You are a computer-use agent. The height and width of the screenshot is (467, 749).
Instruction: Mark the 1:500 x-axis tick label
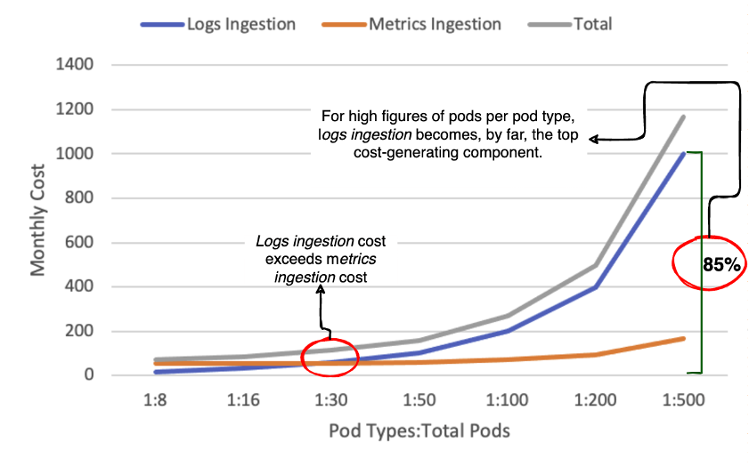[x=684, y=400]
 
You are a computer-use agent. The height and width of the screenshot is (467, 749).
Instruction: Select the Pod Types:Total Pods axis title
[x=419, y=431]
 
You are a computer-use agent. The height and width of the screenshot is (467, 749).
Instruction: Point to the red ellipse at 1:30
[x=330, y=358]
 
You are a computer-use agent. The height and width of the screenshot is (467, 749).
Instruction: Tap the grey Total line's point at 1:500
[x=684, y=117]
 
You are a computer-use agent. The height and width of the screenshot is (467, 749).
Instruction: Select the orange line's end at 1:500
[x=684, y=338]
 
